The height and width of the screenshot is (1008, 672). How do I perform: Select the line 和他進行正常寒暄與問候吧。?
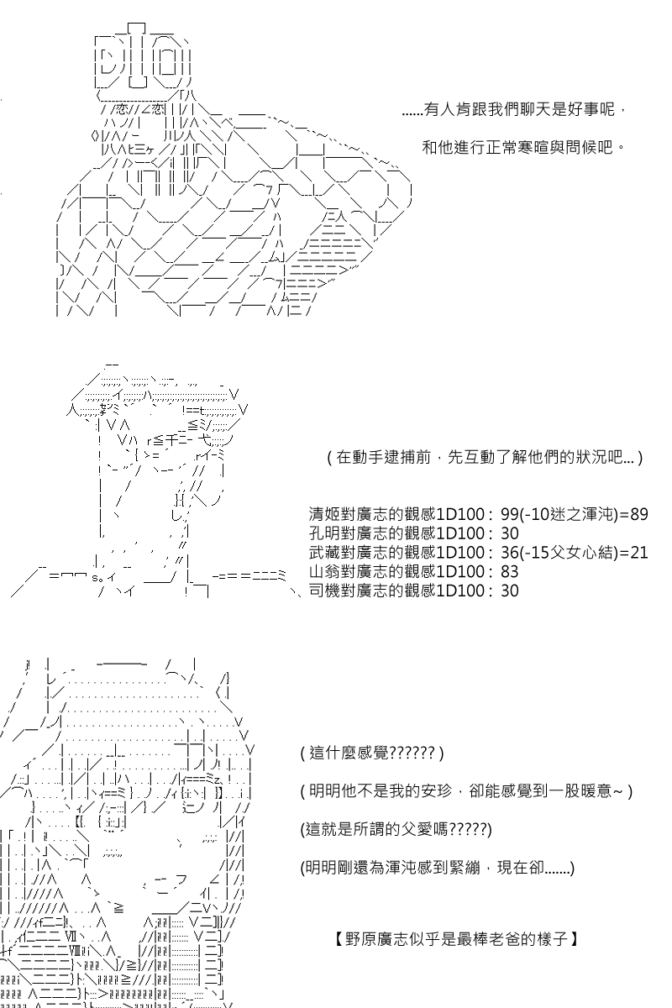coord(524,147)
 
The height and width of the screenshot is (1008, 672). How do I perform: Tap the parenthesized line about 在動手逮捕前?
coord(485,458)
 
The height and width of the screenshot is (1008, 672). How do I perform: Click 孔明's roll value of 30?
coord(509,533)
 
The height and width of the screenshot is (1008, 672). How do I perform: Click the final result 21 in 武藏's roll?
coord(639,553)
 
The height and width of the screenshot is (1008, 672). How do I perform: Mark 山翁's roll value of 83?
coord(509,572)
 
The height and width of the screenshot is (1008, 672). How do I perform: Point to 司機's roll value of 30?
coord(509,591)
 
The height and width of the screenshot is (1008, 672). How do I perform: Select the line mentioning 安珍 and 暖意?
coord(465,791)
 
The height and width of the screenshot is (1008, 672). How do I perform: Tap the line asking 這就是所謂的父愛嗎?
coord(396,830)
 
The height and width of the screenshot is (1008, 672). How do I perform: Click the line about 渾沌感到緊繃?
coord(437,869)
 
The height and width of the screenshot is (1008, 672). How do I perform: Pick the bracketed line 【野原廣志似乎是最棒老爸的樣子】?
coord(455,938)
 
